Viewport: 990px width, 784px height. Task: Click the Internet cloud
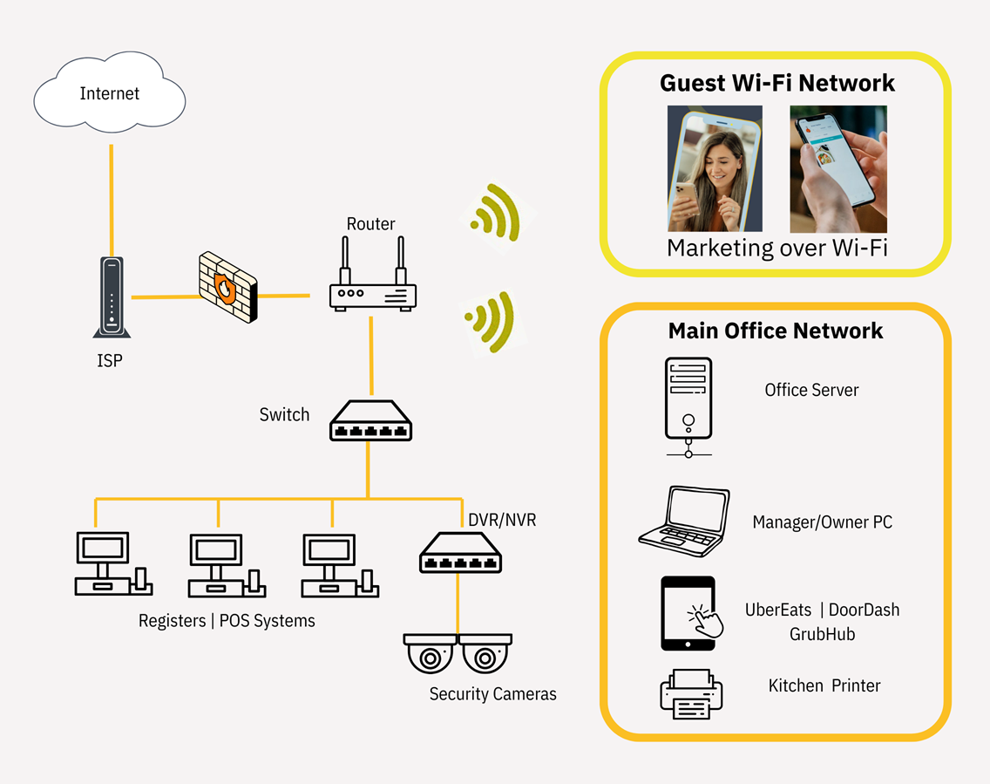pyautogui.click(x=109, y=92)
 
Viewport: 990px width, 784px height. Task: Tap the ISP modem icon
pyautogui.click(x=112, y=297)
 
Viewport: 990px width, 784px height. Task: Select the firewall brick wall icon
pyautogui.click(x=228, y=287)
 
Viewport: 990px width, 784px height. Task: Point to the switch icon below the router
pyautogui.click(x=370, y=420)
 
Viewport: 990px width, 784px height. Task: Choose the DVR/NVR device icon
pyautogui.click(x=460, y=553)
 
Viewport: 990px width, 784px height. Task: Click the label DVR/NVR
pyautogui.click(x=502, y=520)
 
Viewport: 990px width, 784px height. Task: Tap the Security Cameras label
pyautogui.click(x=492, y=693)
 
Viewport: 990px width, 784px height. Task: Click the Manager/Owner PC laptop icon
pyautogui.click(x=684, y=522)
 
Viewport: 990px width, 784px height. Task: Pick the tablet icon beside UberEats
pyautogui.click(x=690, y=613)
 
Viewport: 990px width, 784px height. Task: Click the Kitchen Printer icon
pyautogui.click(x=691, y=693)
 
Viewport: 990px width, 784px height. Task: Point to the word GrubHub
pyautogui.click(x=822, y=634)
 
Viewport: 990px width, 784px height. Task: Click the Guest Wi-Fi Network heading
pyautogui.click(x=777, y=83)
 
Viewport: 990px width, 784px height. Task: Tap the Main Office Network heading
pyautogui.click(x=776, y=331)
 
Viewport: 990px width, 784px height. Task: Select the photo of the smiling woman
pyautogui.click(x=715, y=168)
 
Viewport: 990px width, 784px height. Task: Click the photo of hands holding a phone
pyautogui.click(x=838, y=168)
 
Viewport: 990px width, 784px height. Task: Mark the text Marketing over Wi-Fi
pyautogui.click(x=777, y=248)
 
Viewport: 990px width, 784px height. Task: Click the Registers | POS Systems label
pyautogui.click(x=227, y=621)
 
